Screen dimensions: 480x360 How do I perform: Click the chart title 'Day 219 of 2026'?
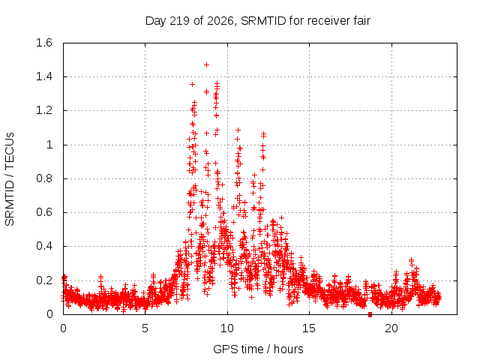click(190, 21)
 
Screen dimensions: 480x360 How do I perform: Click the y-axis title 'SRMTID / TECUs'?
click(10, 179)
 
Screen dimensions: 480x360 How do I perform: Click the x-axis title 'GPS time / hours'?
click(258, 349)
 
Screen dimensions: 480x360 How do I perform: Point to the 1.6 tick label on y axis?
click(44, 43)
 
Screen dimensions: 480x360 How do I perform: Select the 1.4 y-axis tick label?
click(44, 76)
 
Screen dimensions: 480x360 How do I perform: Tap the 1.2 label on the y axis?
click(44, 110)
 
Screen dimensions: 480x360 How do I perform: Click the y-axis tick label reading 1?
click(49, 145)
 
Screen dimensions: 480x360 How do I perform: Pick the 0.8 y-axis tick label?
click(44, 178)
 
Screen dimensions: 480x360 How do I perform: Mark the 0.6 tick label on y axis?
click(44, 212)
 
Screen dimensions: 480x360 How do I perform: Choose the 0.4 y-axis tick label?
click(44, 246)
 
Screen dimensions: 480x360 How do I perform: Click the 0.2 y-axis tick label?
click(44, 280)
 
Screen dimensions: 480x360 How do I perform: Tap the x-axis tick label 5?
click(145, 328)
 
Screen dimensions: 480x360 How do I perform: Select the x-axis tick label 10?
click(227, 328)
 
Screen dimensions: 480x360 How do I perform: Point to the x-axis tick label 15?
click(309, 328)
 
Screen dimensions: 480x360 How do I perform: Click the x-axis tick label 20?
click(391, 328)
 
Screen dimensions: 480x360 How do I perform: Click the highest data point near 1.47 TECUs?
click(207, 65)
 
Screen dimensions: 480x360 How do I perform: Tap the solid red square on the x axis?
click(370, 314)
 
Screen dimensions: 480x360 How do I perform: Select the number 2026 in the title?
click(220, 21)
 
